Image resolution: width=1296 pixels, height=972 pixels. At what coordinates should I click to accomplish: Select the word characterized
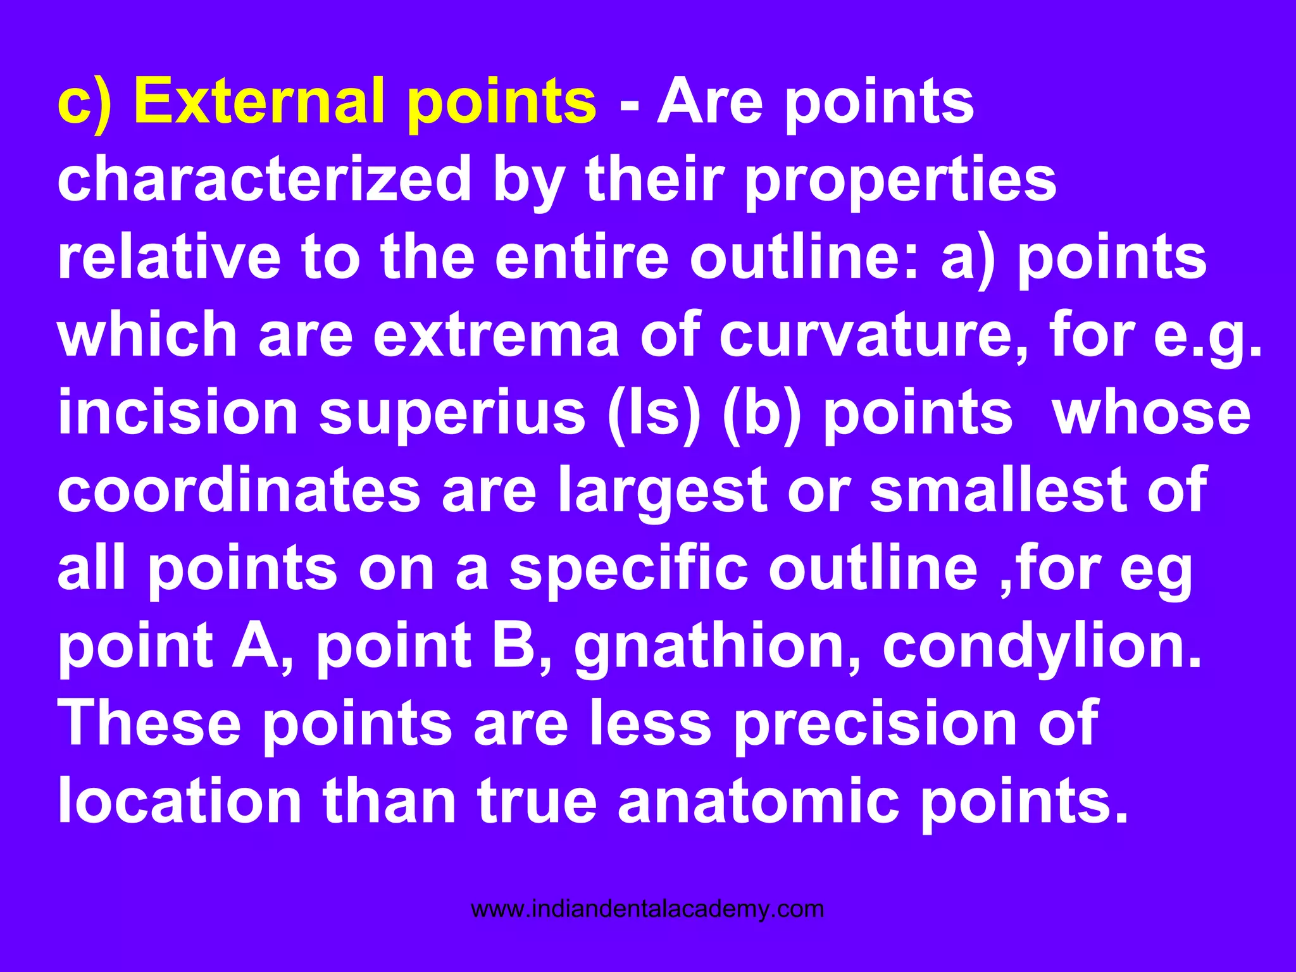[x=264, y=180]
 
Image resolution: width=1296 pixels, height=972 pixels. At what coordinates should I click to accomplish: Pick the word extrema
[x=496, y=335]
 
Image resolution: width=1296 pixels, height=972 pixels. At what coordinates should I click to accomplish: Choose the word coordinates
[x=239, y=491]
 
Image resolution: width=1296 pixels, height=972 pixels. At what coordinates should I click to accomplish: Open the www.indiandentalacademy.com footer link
[x=647, y=909]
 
